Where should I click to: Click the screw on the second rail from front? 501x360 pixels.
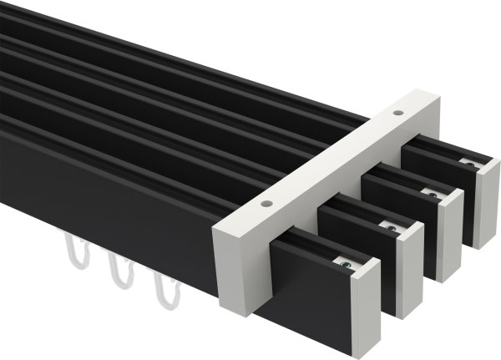[390, 226]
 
